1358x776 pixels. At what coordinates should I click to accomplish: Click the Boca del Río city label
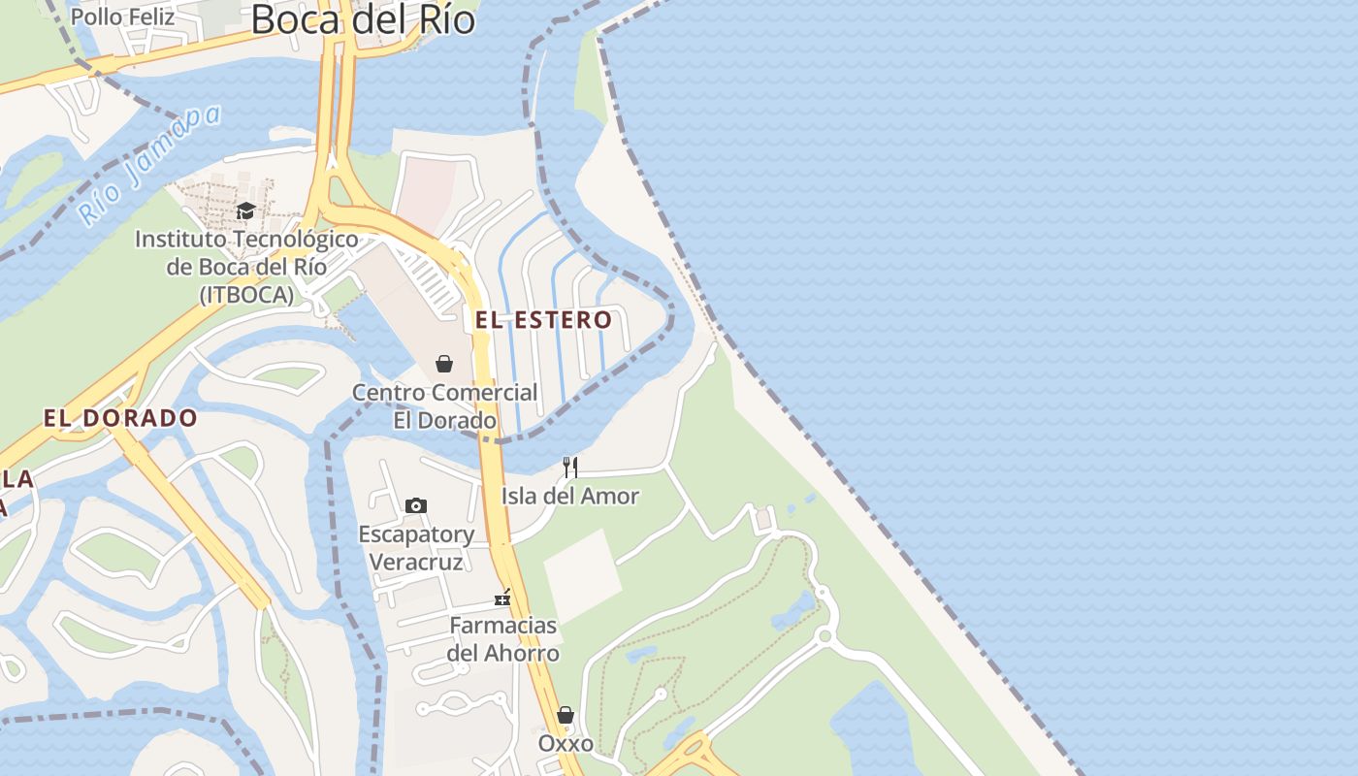pyautogui.click(x=363, y=18)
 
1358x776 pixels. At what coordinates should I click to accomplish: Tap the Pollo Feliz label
pyautogui.click(x=123, y=16)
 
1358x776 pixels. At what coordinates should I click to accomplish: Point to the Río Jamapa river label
pyautogui.click(x=149, y=164)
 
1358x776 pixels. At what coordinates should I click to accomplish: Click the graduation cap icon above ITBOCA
pyautogui.click(x=246, y=210)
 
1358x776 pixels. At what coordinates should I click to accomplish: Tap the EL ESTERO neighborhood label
pyautogui.click(x=543, y=319)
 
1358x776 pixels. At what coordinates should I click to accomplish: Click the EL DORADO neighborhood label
pyautogui.click(x=120, y=418)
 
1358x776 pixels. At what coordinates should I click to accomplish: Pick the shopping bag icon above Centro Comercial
pyautogui.click(x=444, y=364)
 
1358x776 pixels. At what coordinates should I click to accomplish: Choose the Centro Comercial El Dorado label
pyautogui.click(x=444, y=406)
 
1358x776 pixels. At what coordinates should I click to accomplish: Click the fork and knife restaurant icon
pyautogui.click(x=570, y=468)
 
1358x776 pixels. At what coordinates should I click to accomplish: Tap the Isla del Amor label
pyautogui.click(x=570, y=496)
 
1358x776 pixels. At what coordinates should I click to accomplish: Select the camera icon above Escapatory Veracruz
pyautogui.click(x=416, y=505)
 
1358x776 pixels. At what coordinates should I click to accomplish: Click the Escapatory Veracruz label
pyautogui.click(x=416, y=547)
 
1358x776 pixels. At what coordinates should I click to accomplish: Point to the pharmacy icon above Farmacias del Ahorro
pyautogui.click(x=502, y=598)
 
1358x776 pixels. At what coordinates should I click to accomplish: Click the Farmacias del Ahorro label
pyautogui.click(x=502, y=639)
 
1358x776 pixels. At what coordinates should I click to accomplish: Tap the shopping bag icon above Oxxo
pyautogui.click(x=566, y=715)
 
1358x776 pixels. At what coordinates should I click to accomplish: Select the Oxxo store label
pyautogui.click(x=566, y=743)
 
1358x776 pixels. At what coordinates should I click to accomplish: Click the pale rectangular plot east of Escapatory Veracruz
pyautogui.click(x=582, y=574)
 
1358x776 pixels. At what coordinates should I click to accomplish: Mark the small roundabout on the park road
pyautogui.click(x=824, y=636)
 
